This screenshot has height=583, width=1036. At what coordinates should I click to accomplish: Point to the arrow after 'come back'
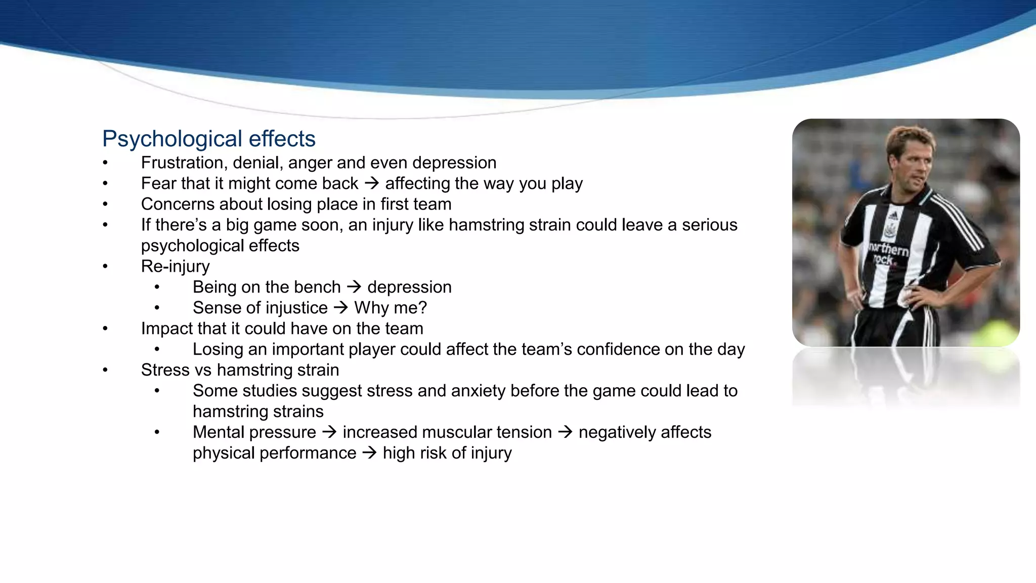tap(371, 183)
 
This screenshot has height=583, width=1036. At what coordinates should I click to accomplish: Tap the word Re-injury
tap(175, 267)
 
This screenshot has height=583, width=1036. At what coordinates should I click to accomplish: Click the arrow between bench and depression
tap(354, 287)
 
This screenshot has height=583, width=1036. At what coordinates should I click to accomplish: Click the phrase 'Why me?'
tap(391, 308)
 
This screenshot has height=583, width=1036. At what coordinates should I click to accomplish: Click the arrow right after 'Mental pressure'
tap(329, 432)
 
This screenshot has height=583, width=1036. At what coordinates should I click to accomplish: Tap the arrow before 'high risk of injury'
tap(369, 453)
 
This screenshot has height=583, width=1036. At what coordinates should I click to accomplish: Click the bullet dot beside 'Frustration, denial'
tap(105, 163)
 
